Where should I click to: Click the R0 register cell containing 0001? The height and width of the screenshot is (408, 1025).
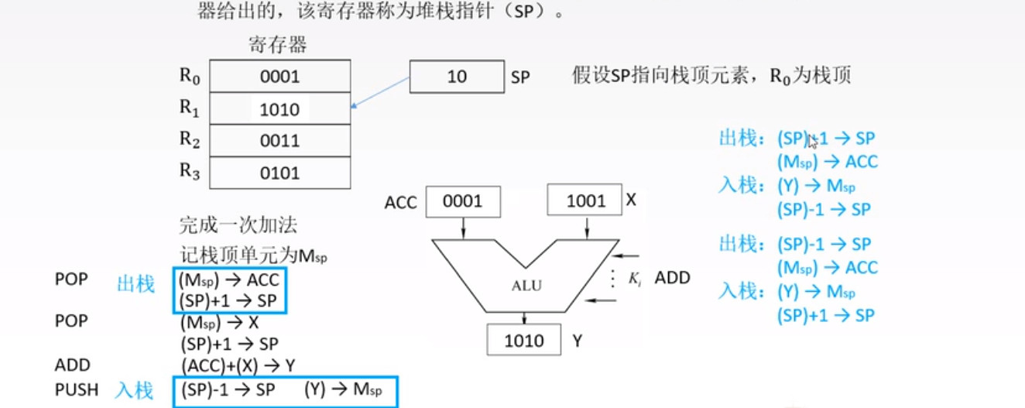(x=280, y=77)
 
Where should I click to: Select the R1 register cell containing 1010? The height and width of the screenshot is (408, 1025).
(x=280, y=109)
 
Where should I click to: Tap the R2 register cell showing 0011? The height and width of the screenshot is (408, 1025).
(x=280, y=141)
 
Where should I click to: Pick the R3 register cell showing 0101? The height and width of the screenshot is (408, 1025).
(x=280, y=173)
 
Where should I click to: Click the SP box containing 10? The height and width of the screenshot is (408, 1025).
(x=457, y=77)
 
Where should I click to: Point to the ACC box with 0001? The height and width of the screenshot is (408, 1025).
(x=463, y=202)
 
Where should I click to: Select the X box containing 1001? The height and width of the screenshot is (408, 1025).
(x=585, y=201)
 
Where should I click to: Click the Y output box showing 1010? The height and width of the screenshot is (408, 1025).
(x=524, y=341)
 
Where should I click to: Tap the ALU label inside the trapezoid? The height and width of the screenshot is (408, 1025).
(x=526, y=285)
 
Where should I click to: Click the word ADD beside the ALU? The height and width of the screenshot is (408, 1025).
(x=672, y=277)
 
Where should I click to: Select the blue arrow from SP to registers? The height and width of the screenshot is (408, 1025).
(x=381, y=92)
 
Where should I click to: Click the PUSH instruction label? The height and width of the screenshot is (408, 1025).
(x=77, y=389)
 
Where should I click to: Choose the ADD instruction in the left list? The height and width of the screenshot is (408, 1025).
(x=72, y=365)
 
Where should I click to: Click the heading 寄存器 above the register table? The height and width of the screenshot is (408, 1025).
(x=278, y=44)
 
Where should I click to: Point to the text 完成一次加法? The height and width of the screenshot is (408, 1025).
(x=238, y=226)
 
